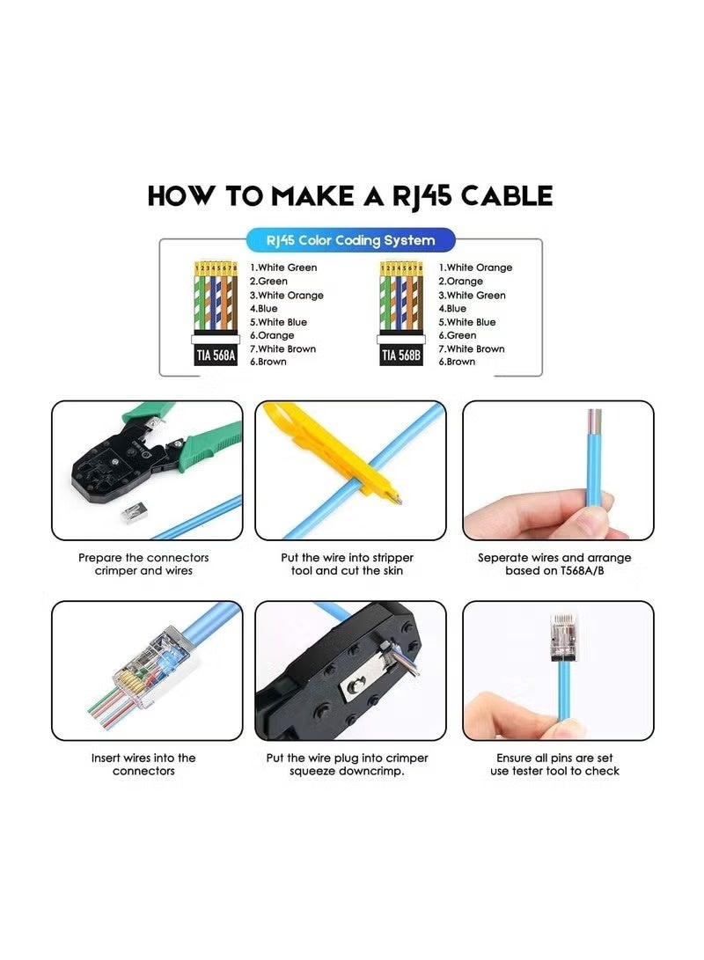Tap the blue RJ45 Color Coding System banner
(x=350, y=240)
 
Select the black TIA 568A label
(x=216, y=355)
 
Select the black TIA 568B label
(x=400, y=355)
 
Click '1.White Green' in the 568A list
(x=283, y=267)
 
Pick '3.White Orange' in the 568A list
(x=287, y=295)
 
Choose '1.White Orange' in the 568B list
(x=475, y=267)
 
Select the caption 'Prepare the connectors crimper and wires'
(x=143, y=564)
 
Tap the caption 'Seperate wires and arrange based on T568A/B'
(x=554, y=564)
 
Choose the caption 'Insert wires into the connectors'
(x=143, y=764)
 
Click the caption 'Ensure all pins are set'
(x=554, y=758)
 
